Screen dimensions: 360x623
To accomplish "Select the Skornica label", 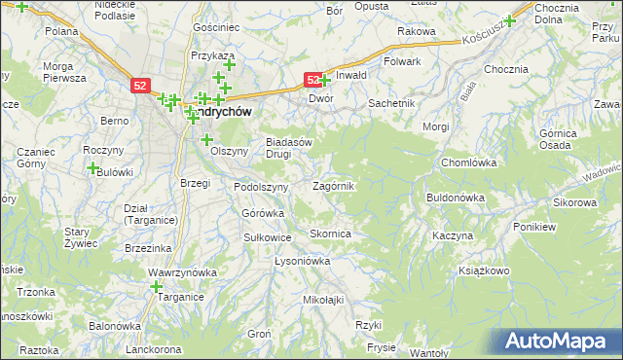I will [x=330, y=234].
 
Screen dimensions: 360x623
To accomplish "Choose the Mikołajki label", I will [x=324, y=300].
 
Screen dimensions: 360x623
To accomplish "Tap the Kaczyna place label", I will [x=453, y=236].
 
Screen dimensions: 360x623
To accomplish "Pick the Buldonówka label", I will [x=456, y=198].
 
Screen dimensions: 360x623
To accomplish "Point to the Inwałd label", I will [x=351, y=75].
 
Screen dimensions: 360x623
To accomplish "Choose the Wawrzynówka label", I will [x=181, y=273].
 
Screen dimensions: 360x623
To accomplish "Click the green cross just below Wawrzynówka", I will [x=156, y=286].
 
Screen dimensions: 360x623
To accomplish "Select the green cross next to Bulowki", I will [x=92, y=168].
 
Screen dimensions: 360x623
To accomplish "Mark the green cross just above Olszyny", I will [x=206, y=139].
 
